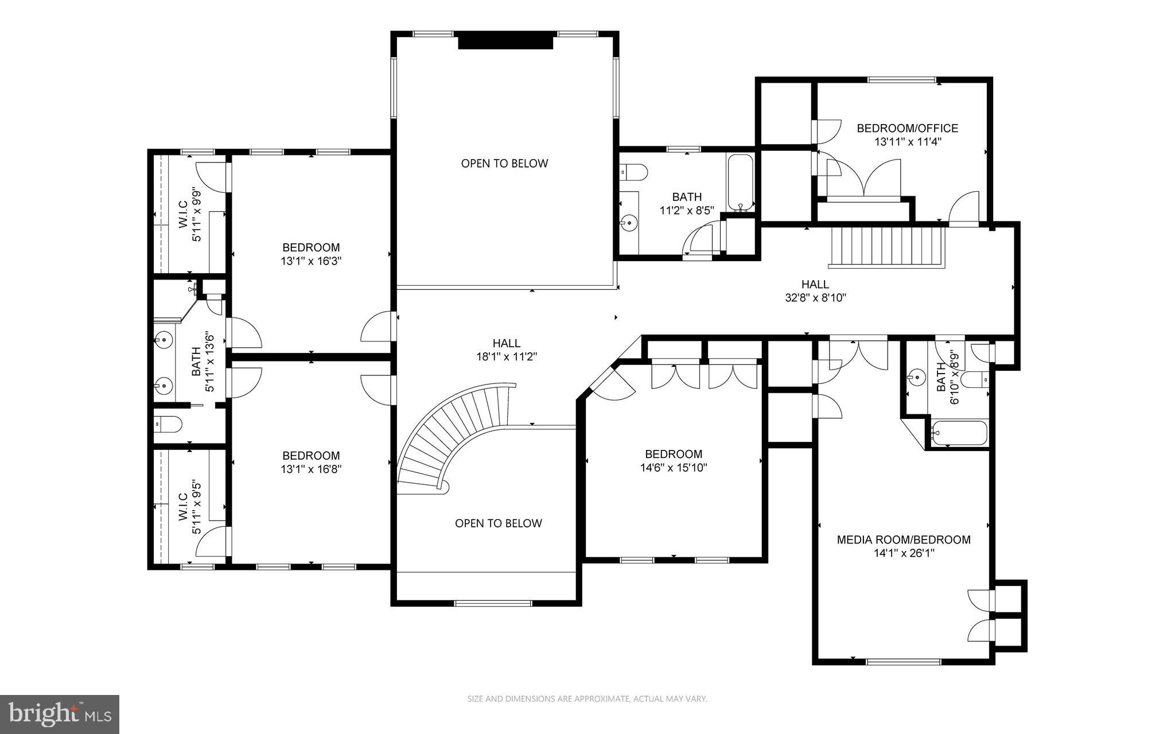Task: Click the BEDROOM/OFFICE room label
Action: click(907, 129)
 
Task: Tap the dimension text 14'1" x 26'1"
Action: click(904, 553)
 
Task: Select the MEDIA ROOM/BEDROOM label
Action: click(904, 539)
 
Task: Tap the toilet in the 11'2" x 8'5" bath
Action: click(633, 171)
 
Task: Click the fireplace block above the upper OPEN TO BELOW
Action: click(505, 42)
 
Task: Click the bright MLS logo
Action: click(60, 714)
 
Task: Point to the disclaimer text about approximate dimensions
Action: click(587, 699)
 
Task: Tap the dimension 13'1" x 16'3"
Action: click(311, 261)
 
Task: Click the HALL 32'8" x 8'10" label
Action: click(815, 290)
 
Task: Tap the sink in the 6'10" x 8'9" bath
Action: click(916, 378)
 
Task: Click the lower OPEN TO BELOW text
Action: click(498, 523)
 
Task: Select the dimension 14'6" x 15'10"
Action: click(674, 468)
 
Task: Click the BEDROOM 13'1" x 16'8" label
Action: click(311, 462)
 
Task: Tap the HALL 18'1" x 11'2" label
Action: click(506, 349)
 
